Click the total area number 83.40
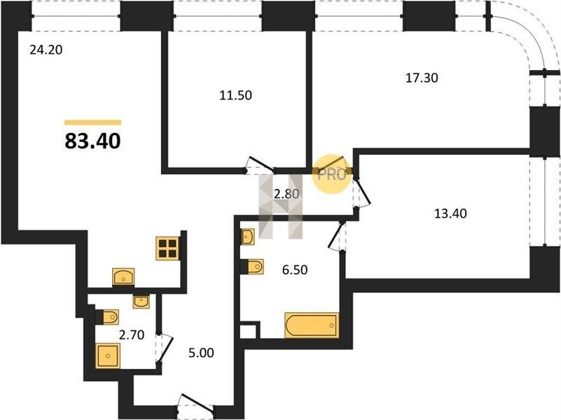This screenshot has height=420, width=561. [92, 141]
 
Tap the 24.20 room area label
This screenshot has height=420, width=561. [46, 50]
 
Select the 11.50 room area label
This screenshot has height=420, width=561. [235, 95]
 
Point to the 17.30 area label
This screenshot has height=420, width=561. [422, 78]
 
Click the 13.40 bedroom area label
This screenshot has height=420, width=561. [450, 213]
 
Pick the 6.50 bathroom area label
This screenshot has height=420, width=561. [295, 269]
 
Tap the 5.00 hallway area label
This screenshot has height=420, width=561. [201, 353]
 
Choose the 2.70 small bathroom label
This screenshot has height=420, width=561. [132, 335]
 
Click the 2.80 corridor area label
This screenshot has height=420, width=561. [286, 194]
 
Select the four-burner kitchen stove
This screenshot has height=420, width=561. [168, 248]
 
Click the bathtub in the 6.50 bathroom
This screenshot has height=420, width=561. [311, 325]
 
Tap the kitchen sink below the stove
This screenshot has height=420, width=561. [123, 276]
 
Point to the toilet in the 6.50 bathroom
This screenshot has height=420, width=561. [253, 267]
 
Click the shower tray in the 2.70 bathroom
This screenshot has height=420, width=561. [108, 356]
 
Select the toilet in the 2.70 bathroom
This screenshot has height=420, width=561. [107, 316]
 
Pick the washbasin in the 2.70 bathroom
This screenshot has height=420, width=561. [141, 302]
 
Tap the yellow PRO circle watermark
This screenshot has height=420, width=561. [332, 174]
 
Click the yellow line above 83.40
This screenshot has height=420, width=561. [92, 122]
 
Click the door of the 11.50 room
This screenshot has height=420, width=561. [260, 165]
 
